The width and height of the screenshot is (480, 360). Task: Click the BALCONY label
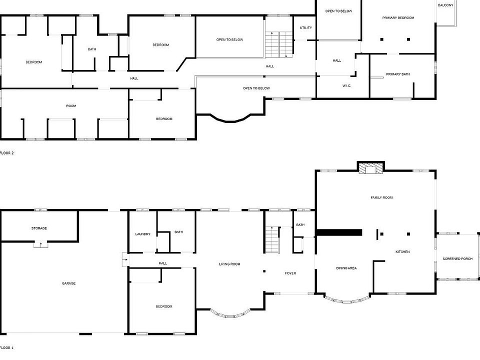pos(445,5)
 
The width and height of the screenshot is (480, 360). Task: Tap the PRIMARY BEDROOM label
pos(398,18)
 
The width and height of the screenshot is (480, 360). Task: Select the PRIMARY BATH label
pos(398,74)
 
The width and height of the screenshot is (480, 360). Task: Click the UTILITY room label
pos(306,28)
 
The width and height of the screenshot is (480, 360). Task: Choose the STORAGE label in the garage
pos(39,228)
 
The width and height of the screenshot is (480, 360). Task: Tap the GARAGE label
pos(68,283)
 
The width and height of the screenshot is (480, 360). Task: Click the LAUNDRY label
pos(142,234)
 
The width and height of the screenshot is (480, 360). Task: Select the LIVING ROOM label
pos(229,264)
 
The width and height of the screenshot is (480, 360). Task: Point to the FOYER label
pos(290,273)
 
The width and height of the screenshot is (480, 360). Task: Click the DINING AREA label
pos(346,268)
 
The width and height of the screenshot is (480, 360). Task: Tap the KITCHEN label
pos(402,252)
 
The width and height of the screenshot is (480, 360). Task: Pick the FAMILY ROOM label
pos(381,198)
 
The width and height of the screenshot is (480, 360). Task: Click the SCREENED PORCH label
pos(457,259)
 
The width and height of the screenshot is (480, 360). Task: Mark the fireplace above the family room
pos(371,168)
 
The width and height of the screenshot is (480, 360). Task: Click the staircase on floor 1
pos(272,239)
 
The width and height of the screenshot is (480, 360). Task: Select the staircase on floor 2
pos(278,44)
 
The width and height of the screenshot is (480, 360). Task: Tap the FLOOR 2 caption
pos(6,153)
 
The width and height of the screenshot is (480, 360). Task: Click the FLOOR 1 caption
pos(6,347)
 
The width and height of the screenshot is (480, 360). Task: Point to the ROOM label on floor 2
pos(71,106)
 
